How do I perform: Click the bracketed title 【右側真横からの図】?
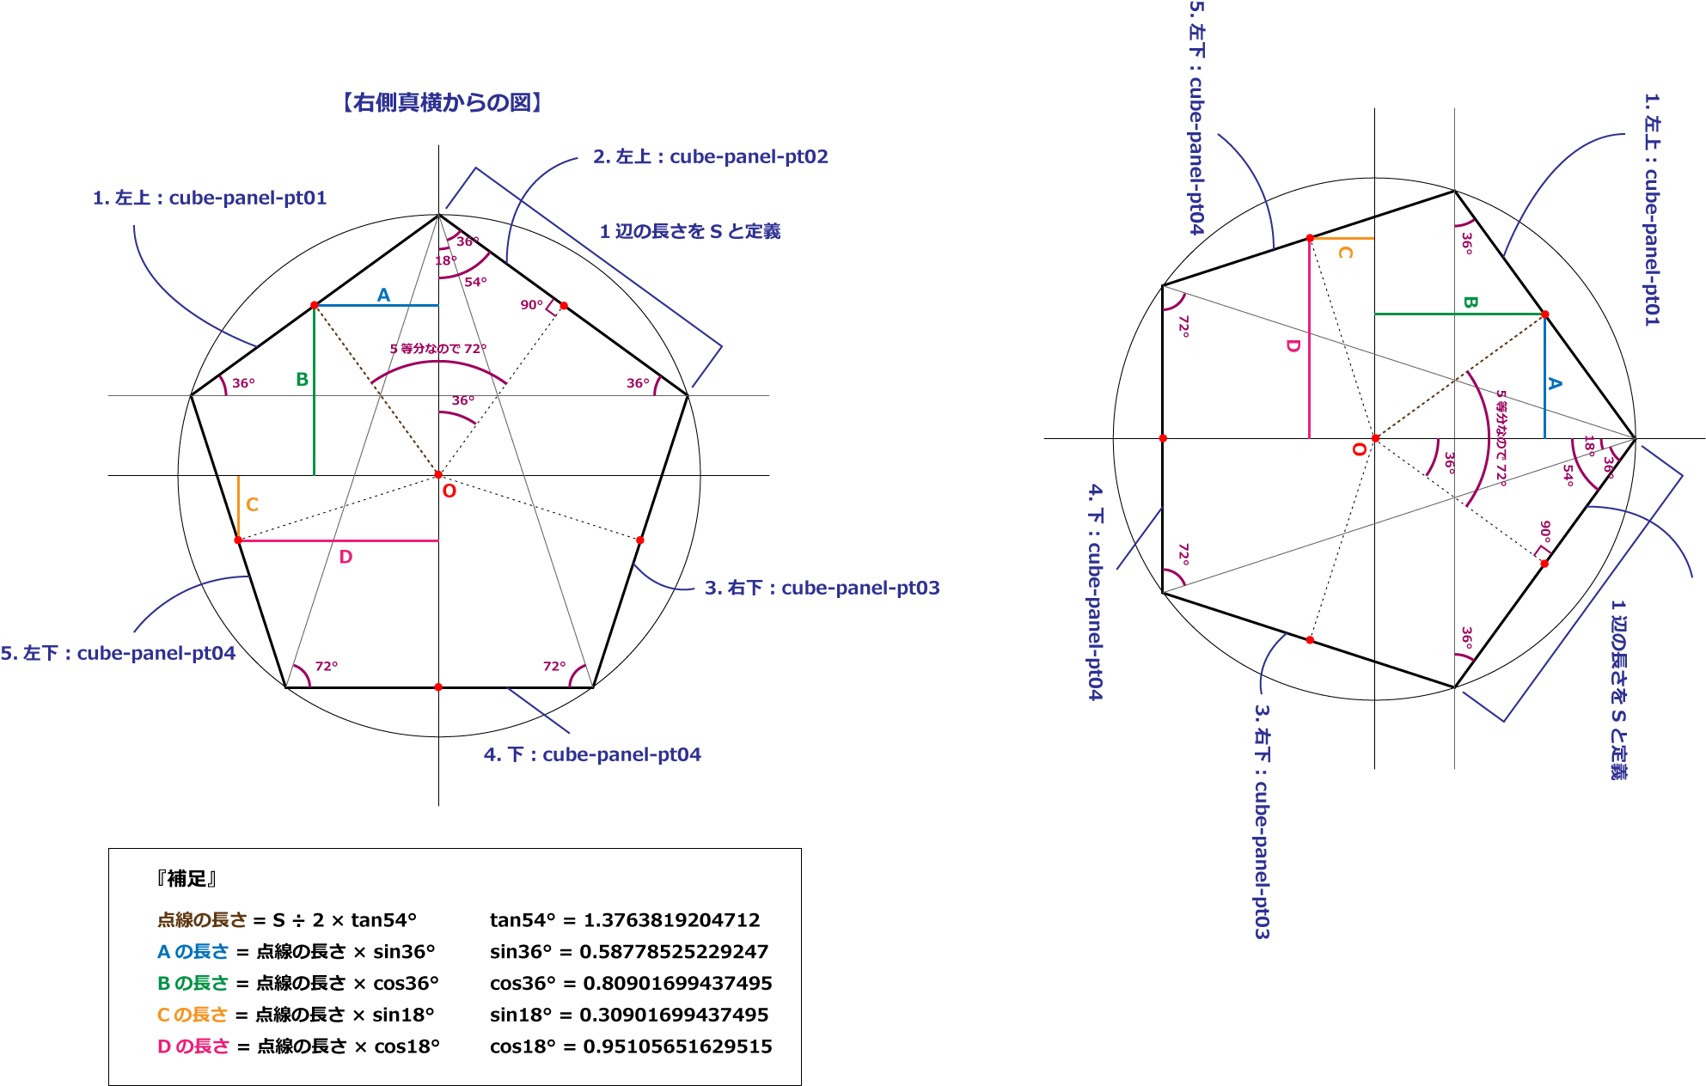click(442, 103)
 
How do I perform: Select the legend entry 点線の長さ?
click(202, 920)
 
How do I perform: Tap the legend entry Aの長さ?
click(193, 952)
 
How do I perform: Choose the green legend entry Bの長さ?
click(193, 983)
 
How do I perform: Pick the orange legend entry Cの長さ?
click(193, 1015)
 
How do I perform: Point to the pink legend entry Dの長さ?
click(193, 1046)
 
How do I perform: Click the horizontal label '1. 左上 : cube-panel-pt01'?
click(210, 198)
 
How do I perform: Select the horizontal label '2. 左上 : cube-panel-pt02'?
click(711, 156)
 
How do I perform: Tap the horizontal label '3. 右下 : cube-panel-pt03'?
click(822, 588)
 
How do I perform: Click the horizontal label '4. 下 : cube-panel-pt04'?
click(592, 754)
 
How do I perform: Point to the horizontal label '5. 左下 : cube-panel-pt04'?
click(118, 653)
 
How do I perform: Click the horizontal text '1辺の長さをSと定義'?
click(690, 231)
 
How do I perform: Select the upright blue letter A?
click(383, 296)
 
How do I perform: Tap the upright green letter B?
click(302, 379)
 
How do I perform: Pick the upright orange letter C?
click(252, 504)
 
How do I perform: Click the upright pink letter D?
click(345, 557)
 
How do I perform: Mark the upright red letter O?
click(449, 491)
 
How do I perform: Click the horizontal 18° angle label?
click(445, 260)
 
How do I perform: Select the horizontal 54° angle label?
click(475, 282)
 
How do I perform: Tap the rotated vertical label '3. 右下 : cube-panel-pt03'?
click(1262, 822)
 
